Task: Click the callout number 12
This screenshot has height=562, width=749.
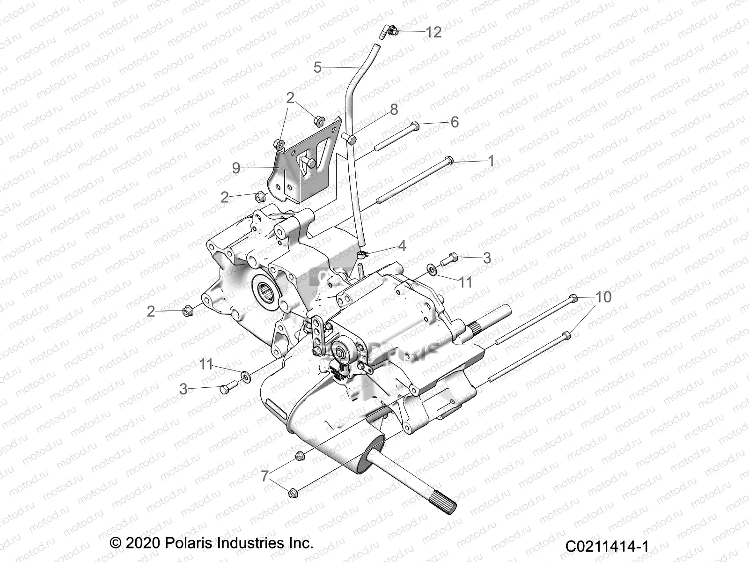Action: (x=433, y=32)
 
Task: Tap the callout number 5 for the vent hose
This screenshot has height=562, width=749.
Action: (x=317, y=68)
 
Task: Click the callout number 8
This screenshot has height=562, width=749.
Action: (x=394, y=110)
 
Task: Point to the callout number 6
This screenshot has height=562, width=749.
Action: (x=455, y=122)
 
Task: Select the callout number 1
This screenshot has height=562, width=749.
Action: (x=491, y=161)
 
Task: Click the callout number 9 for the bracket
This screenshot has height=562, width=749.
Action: (x=236, y=168)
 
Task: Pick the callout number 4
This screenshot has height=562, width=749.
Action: (x=402, y=245)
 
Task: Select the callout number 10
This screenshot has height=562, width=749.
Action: (x=603, y=297)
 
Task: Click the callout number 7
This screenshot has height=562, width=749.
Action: (x=265, y=476)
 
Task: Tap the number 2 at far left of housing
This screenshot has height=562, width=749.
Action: (x=151, y=311)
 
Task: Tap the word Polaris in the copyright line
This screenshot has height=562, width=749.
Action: (x=190, y=543)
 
